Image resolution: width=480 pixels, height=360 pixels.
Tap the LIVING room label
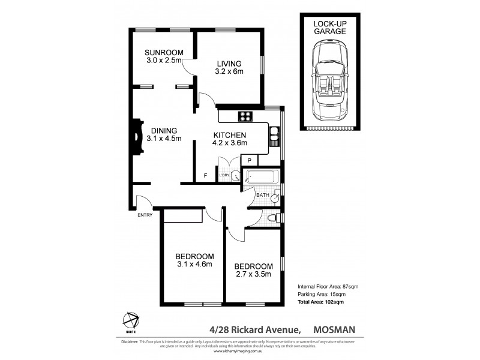pos(229,64)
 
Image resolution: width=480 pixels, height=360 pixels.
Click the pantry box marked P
pos(249,160)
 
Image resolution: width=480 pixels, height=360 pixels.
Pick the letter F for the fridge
pos(205,176)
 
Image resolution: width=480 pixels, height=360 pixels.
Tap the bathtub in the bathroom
pos(260,178)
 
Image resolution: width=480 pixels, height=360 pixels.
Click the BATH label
pos(263,195)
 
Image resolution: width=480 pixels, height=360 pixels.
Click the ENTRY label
pos(145,215)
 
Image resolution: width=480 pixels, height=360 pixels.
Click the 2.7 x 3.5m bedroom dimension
pos(253,275)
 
